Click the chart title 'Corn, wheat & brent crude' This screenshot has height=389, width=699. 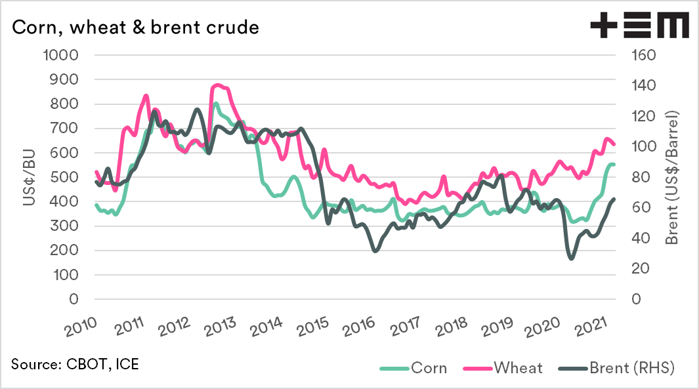[x=135, y=28]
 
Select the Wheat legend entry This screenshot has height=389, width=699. [x=506, y=367]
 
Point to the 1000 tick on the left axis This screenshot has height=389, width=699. [x=60, y=55]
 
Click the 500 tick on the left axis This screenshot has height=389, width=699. [x=65, y=177]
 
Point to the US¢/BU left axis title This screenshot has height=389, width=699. [x=30, y=177]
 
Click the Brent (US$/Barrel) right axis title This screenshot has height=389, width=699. [x=671, y=177]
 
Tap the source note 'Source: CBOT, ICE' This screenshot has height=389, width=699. [x=75, y=363]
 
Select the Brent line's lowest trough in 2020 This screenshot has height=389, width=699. [x=570, y=258]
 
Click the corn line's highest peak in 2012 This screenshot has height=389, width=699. [x=215, y=103]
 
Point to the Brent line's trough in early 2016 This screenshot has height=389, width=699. [x=375, y=251]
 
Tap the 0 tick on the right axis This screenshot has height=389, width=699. [x=635, y=299]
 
